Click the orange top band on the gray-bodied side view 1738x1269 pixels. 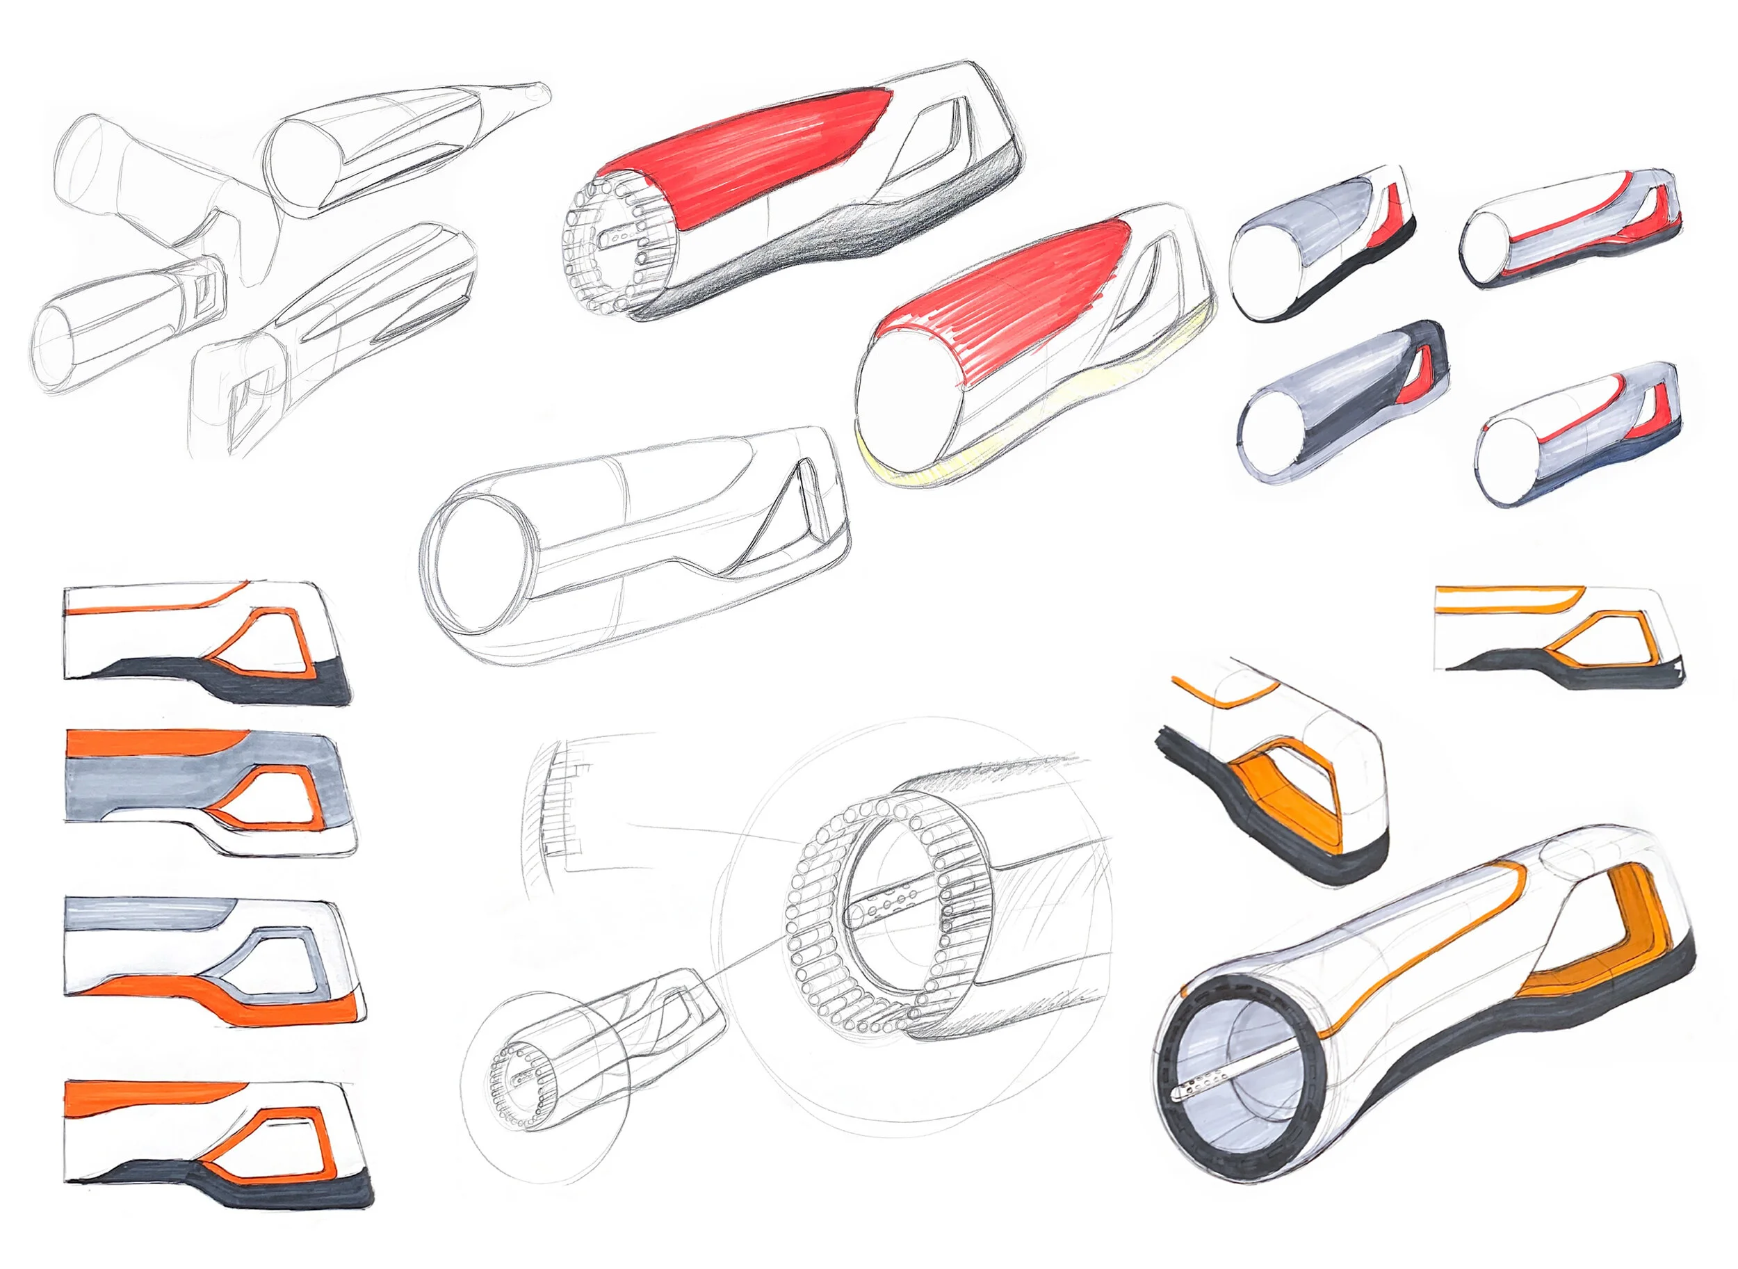(154, 742)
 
